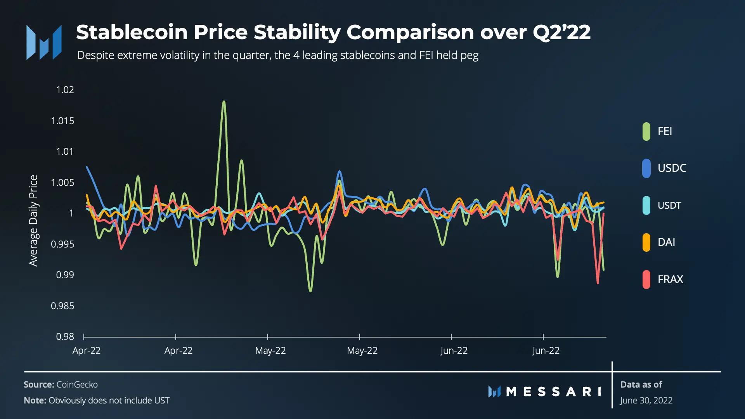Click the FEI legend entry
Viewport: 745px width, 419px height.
(664, 131)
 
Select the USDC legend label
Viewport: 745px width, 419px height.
(672, 168)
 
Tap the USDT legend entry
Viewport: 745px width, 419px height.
(669, 205)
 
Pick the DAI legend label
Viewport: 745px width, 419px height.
(666, 242)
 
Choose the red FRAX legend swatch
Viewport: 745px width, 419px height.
(646, 279)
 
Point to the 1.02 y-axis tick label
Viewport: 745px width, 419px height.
(65, 90)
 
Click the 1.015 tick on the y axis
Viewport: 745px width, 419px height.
(62, 121)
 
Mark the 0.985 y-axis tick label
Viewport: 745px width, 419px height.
(62, 306)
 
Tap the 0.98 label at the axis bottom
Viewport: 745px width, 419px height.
(65, 337)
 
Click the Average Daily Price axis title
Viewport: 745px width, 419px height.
(33, 220)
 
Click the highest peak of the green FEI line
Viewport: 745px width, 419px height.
(224, 102)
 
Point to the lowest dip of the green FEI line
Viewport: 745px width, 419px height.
(310, 291)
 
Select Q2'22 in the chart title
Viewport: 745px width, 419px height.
(561, 32)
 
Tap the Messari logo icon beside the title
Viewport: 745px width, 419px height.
(44, 42)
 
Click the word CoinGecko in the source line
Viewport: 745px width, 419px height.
(77, 384)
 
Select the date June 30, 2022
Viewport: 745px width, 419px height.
(646, 400)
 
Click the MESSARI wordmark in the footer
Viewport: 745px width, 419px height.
(554, 392)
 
